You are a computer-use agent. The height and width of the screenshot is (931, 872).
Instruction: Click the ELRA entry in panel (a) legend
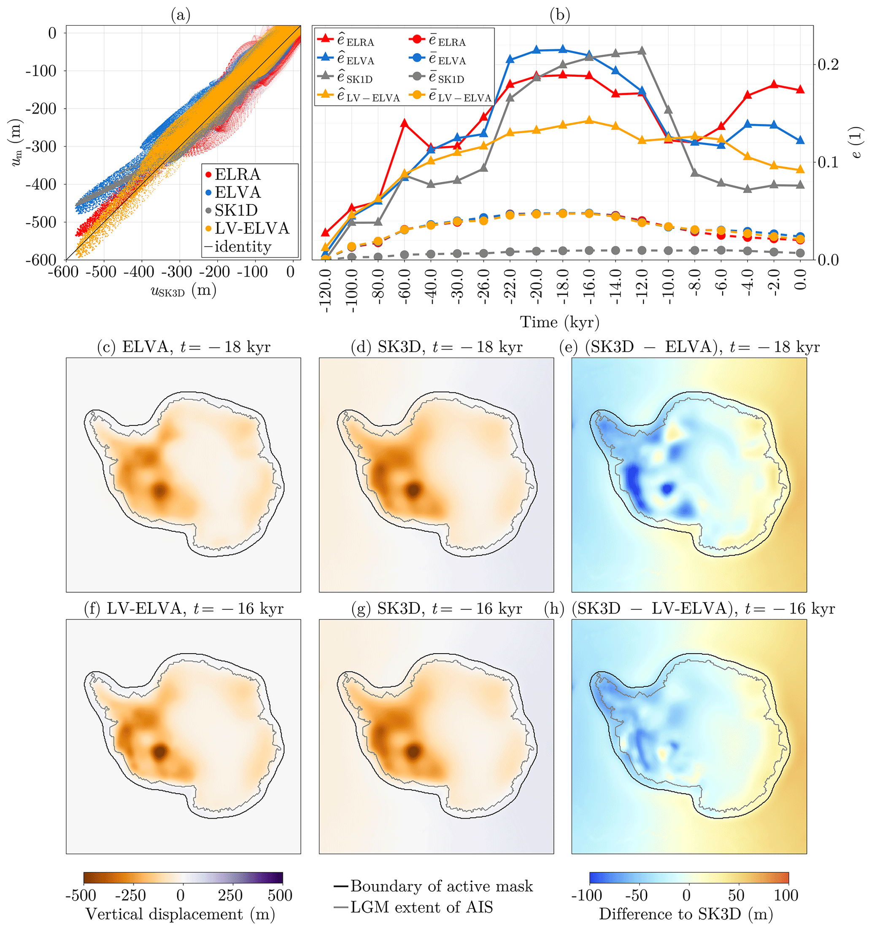(237, 175)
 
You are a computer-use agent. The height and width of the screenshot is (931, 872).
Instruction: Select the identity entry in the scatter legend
(243, 247)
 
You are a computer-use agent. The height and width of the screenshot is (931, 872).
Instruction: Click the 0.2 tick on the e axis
(828, 65)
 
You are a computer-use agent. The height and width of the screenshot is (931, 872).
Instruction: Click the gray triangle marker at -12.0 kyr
(643, 51)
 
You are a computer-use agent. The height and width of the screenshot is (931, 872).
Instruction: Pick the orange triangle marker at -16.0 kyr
(589, 120)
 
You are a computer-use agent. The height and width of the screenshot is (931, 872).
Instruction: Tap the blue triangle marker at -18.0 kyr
(563, 49)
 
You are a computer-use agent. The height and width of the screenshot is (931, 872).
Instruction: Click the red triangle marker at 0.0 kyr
(800, 89)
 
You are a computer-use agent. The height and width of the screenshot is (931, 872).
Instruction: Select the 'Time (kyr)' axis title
(559, 322)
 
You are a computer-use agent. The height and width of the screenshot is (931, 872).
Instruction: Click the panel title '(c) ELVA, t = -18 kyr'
(183, 347)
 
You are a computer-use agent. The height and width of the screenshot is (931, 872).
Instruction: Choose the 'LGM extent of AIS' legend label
(422, 907)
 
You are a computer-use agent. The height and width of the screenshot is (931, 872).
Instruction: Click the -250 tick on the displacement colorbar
(131, 895)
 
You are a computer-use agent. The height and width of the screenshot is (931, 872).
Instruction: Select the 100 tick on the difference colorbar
(786, 895)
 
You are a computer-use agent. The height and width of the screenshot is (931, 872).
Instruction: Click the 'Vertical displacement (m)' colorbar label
(181, 914)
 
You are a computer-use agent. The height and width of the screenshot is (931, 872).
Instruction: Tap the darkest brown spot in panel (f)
(160, 751)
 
